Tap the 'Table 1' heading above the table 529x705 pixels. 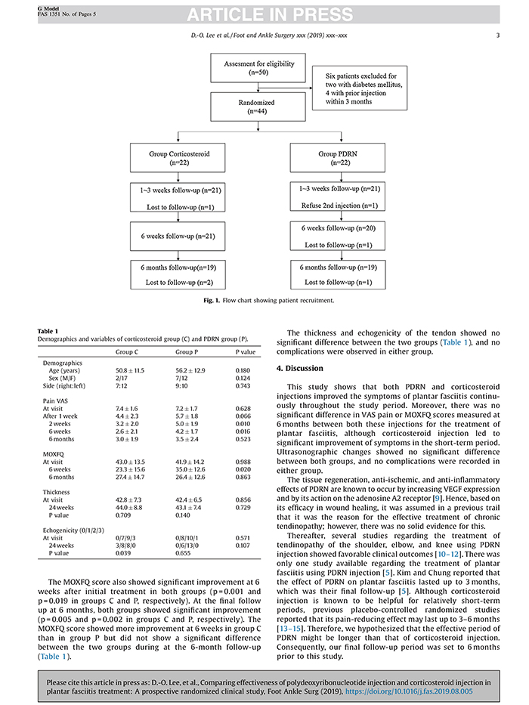48,330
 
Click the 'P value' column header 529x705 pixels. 244,351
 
